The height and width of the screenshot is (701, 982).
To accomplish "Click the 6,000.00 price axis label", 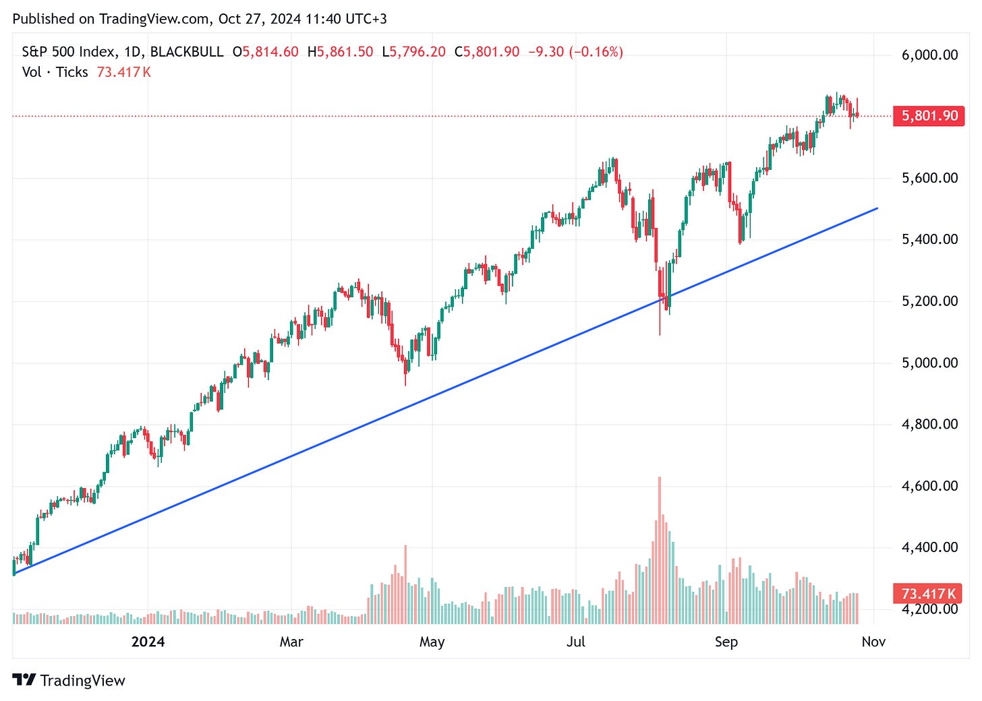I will tap(929, 55).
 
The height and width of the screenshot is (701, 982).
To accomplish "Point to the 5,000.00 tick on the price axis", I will tap(929, 363).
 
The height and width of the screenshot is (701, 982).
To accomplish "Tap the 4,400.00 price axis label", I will tap(929, 547).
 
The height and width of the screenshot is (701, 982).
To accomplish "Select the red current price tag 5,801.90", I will tap(929, 116).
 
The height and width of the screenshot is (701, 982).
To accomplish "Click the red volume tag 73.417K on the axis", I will tap(929, 594).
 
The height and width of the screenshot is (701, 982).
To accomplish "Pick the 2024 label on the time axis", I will tap(148, 642).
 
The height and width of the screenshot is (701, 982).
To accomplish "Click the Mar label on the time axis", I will tap(291, 642).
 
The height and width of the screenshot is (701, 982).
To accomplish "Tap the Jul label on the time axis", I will tap(576, 642).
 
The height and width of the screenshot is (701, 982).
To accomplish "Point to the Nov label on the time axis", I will tap(873, 642).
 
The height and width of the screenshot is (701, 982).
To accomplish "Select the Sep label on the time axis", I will tap(726, 642).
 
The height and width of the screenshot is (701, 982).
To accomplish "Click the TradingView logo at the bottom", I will tap(69, 681).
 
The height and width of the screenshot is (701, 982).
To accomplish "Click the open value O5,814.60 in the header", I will tap(266, 52).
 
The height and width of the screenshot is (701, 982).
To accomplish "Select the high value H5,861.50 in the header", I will tap(340, 52).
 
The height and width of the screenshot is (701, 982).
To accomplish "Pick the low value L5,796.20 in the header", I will tap(413, 52).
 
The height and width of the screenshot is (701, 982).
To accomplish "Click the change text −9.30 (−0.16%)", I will tap(575, 52).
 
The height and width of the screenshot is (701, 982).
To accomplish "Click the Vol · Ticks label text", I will tap(55, 72).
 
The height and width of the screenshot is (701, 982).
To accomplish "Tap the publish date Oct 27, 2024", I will tap(260, 19).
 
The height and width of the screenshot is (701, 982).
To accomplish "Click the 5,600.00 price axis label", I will tap(929, 178).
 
